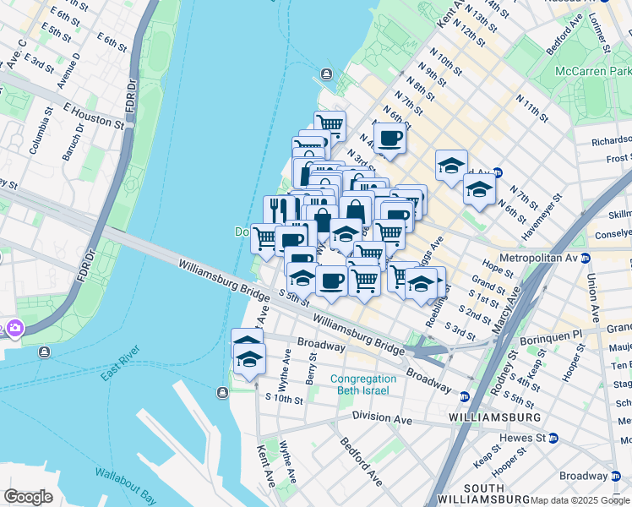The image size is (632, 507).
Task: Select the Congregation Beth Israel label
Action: click(x=362, y=384)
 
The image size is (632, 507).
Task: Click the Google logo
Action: click(x=28, y=497)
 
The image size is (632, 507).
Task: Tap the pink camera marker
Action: click(x=14, y=328)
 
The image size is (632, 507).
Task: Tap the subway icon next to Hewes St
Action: click(x=553, y=438)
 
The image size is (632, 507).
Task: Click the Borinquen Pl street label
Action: click(x=554, y=335)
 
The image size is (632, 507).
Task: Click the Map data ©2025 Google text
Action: click(x=580, y=500)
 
